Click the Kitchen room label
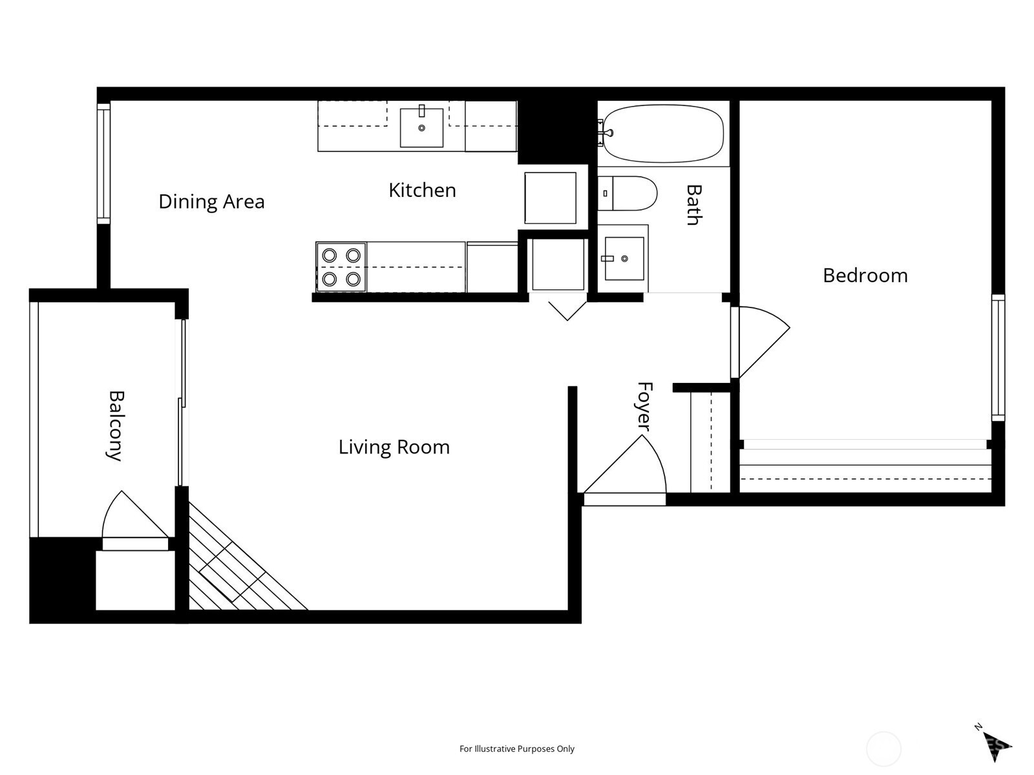coord(422,191)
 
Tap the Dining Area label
coord(211,202)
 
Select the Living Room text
coord(394,447)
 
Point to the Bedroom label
coord(865,276)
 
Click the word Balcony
coord(115,426)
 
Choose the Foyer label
coord(644,406)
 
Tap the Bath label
coord(694,205)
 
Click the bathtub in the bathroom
coord(663,133)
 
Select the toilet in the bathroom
coord(628,193)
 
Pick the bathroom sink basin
coord(624,258)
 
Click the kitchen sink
coord(421,127)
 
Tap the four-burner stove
coord(341,267)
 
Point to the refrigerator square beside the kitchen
coord(550,198)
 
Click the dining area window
coord(103,164)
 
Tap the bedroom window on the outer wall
coord(998,358)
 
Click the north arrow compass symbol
coord(994,752)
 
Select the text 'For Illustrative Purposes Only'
coord(517,749)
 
